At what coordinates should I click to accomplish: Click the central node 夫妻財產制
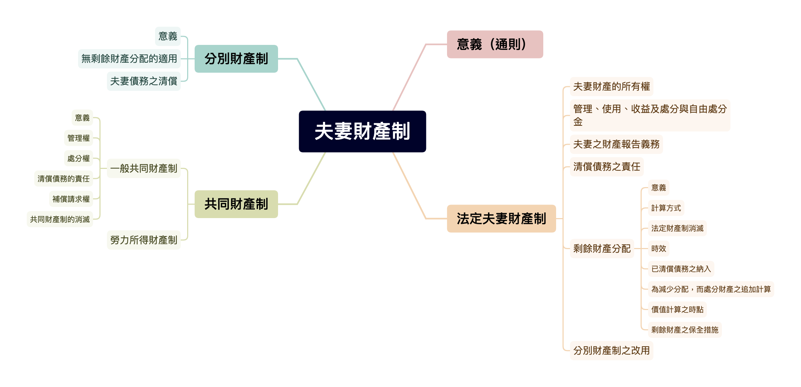pos(362,131)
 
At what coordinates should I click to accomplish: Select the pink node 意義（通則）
pos(495,45)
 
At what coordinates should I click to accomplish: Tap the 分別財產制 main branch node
pos(236,59)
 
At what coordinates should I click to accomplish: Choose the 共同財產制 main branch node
pos(236,204)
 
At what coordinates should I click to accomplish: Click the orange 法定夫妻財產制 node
pos(501,218)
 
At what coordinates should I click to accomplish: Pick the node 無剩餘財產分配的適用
pos(129,59)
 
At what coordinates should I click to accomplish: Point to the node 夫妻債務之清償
pos(144,81)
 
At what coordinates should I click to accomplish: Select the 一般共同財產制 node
pos(144,168)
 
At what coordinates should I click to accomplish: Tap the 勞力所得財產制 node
pos(144,240)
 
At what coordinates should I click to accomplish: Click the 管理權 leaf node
pos(78,138)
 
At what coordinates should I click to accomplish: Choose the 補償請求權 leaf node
pos(71,199)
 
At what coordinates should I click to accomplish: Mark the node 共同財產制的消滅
pos(60,220)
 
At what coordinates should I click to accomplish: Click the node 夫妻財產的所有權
pos(611,87)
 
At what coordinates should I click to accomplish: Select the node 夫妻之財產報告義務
pos(616,144)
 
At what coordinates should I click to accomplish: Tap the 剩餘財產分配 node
pos(602,249)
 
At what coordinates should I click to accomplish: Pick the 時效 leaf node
pos(658,249)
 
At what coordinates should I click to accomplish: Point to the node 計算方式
pos(666,208)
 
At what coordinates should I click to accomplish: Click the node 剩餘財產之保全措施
pos(684,330)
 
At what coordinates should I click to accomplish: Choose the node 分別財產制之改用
pos(611,351)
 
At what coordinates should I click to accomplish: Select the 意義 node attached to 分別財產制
pos(168,36)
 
